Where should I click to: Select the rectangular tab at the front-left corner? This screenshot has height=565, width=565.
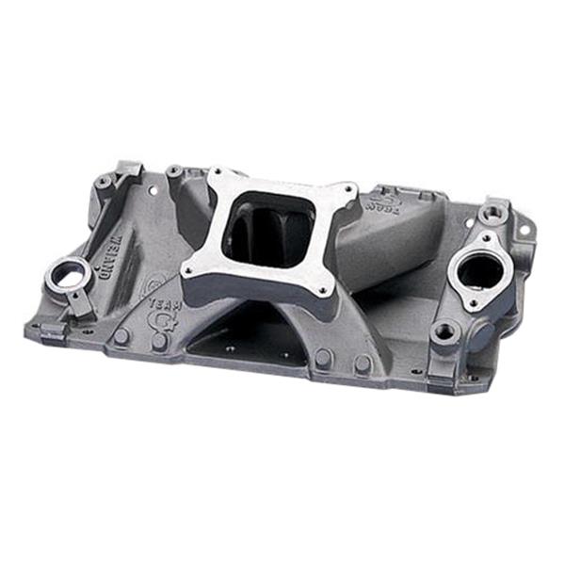pos(45,331)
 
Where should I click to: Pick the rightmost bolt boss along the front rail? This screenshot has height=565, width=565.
pos(362,363)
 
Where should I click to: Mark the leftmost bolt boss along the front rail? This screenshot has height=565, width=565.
pos(121,335)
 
